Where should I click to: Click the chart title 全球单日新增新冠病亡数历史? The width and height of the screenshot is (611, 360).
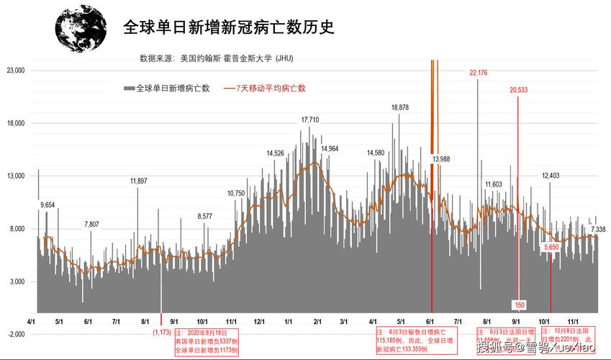[230, 27]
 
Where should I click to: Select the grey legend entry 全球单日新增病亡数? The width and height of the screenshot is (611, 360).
[167, 88]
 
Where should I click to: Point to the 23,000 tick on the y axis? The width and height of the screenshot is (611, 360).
[15, 71]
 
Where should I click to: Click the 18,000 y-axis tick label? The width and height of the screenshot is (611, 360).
[15, 123]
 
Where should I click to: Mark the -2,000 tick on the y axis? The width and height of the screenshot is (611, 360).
[16, 334]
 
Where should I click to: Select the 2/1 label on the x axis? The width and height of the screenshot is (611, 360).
[316, 322]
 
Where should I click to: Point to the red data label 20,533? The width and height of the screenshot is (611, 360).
[518, 90]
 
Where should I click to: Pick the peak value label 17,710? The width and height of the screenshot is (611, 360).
[310, 120]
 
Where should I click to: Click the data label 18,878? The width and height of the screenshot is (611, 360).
[400, 107]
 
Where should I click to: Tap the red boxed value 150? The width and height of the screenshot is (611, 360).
[519, 305]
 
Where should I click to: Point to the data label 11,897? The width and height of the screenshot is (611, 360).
[139, 181]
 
